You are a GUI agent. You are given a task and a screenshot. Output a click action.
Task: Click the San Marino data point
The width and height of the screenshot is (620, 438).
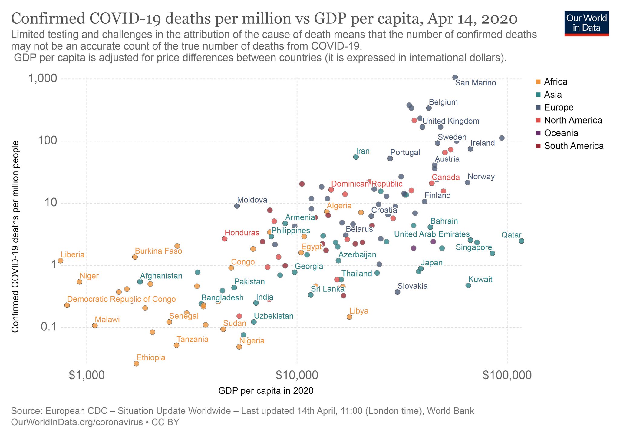[455, 77]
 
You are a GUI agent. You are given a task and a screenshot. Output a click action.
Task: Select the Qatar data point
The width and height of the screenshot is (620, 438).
[521, 241]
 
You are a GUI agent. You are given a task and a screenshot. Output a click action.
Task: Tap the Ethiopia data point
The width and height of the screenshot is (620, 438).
[136, 363]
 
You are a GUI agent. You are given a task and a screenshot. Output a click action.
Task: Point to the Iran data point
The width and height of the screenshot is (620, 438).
[356, 157]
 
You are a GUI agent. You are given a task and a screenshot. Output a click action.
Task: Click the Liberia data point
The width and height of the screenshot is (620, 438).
[61, 260]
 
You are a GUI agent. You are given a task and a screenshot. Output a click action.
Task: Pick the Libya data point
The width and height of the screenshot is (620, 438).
[349, 317]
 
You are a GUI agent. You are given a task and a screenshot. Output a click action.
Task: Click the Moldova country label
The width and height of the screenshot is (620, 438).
[252, 200]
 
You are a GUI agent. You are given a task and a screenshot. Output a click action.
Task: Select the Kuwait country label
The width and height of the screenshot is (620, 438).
[480, 280]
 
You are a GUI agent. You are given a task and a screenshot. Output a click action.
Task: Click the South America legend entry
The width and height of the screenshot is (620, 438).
[573, 146]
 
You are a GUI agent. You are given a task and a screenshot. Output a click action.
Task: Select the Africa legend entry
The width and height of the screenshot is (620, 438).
[555, 82]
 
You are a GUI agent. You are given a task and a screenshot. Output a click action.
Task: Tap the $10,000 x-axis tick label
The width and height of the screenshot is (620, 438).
[297, 375]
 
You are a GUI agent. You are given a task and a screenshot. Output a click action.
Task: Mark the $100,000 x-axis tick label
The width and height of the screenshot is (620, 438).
[507, 375]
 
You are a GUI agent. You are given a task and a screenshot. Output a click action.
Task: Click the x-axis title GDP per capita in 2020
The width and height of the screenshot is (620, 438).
[265, 391]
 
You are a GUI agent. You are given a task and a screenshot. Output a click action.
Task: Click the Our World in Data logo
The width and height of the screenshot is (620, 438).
[586, 24]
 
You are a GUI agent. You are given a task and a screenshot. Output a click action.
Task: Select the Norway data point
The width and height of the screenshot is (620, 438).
[467, 182]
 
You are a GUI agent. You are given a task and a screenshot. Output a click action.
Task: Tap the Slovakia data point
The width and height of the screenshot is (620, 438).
[397, 292]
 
